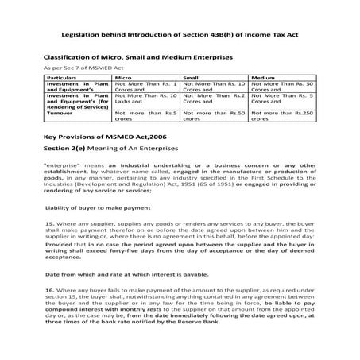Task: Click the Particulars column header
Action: [x=65, y=79]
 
